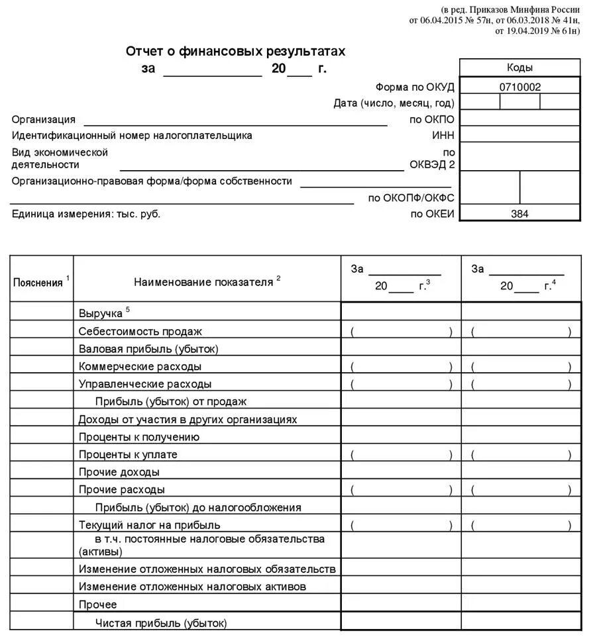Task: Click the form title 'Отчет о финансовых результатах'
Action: click(x=235, y=51)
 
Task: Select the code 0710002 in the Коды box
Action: click(x=519, y=86)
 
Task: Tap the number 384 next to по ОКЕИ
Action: click(x=519, y=214)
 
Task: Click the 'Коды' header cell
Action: click(x=519, y=68)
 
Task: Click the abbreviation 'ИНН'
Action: click(x=443, y=135)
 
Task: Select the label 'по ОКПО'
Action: click(x=432, y=120)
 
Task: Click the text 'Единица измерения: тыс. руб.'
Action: click(x=86, y=214)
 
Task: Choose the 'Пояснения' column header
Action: click(x=38, y=283)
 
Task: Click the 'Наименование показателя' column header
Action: click(x=203, y=282)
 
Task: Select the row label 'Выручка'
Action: click(x=101, y=313)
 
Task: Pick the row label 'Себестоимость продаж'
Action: click(x=140, y=331)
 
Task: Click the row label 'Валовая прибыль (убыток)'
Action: click(x=148, y=348)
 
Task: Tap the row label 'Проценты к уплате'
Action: click(x=128, y=454)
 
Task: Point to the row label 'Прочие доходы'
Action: click(x=119, y=472)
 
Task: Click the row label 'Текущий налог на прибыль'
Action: click(x=149, y=525)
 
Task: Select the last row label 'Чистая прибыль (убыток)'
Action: click(x=161, y=622)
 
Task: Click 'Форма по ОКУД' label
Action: click(x=415, y=87)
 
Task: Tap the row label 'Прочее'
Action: click(x=97, y=605)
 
